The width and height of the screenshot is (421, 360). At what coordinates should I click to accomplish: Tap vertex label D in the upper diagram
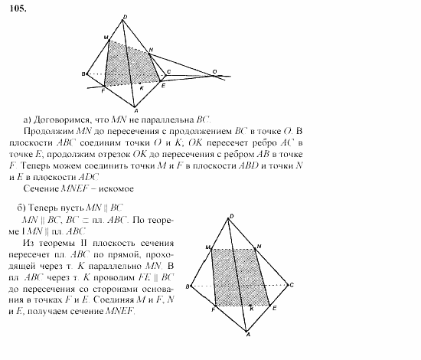pyautogui.click(x=126, y=17)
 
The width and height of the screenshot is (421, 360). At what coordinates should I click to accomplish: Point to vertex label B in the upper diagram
pyautogui.click(x=83, y=74)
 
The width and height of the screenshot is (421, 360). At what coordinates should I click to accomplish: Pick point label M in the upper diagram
pyautogui.click(x=106, y=37)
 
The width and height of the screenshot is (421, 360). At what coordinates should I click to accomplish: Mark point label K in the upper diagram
pyautogui.click(x=139, y=87)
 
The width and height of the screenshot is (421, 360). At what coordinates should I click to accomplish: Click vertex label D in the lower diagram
pyautogui.click(x=232, y=218)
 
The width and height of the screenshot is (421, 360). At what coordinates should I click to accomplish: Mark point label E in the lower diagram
pyautogui.click(x=274, y=306)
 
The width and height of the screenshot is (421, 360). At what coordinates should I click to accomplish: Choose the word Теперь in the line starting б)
pyautogui.click(x=44, y=208)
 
